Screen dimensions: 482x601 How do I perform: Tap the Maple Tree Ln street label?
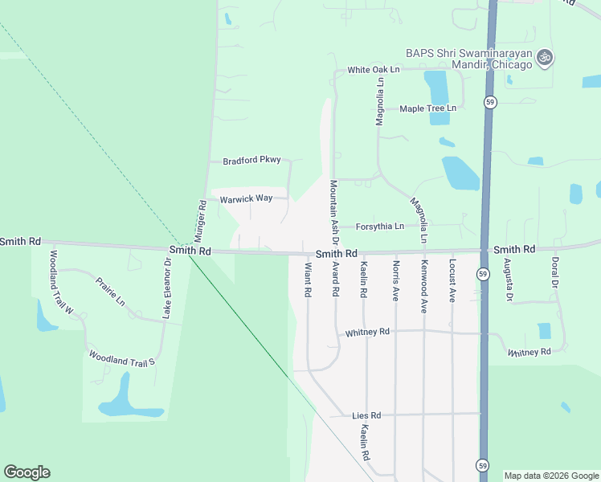(427, 108)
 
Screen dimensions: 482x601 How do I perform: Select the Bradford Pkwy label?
(251, 160)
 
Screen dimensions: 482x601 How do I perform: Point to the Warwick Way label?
(247, 198)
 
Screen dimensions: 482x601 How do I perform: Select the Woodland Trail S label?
(121, 358)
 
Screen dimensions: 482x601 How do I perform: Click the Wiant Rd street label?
(307, 280)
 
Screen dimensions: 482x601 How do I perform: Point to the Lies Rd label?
(366, 415)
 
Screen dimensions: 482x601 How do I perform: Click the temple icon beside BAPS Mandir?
(546, 57)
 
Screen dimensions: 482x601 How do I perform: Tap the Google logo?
(27, 472)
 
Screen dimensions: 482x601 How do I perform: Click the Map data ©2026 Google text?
(550, 476)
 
